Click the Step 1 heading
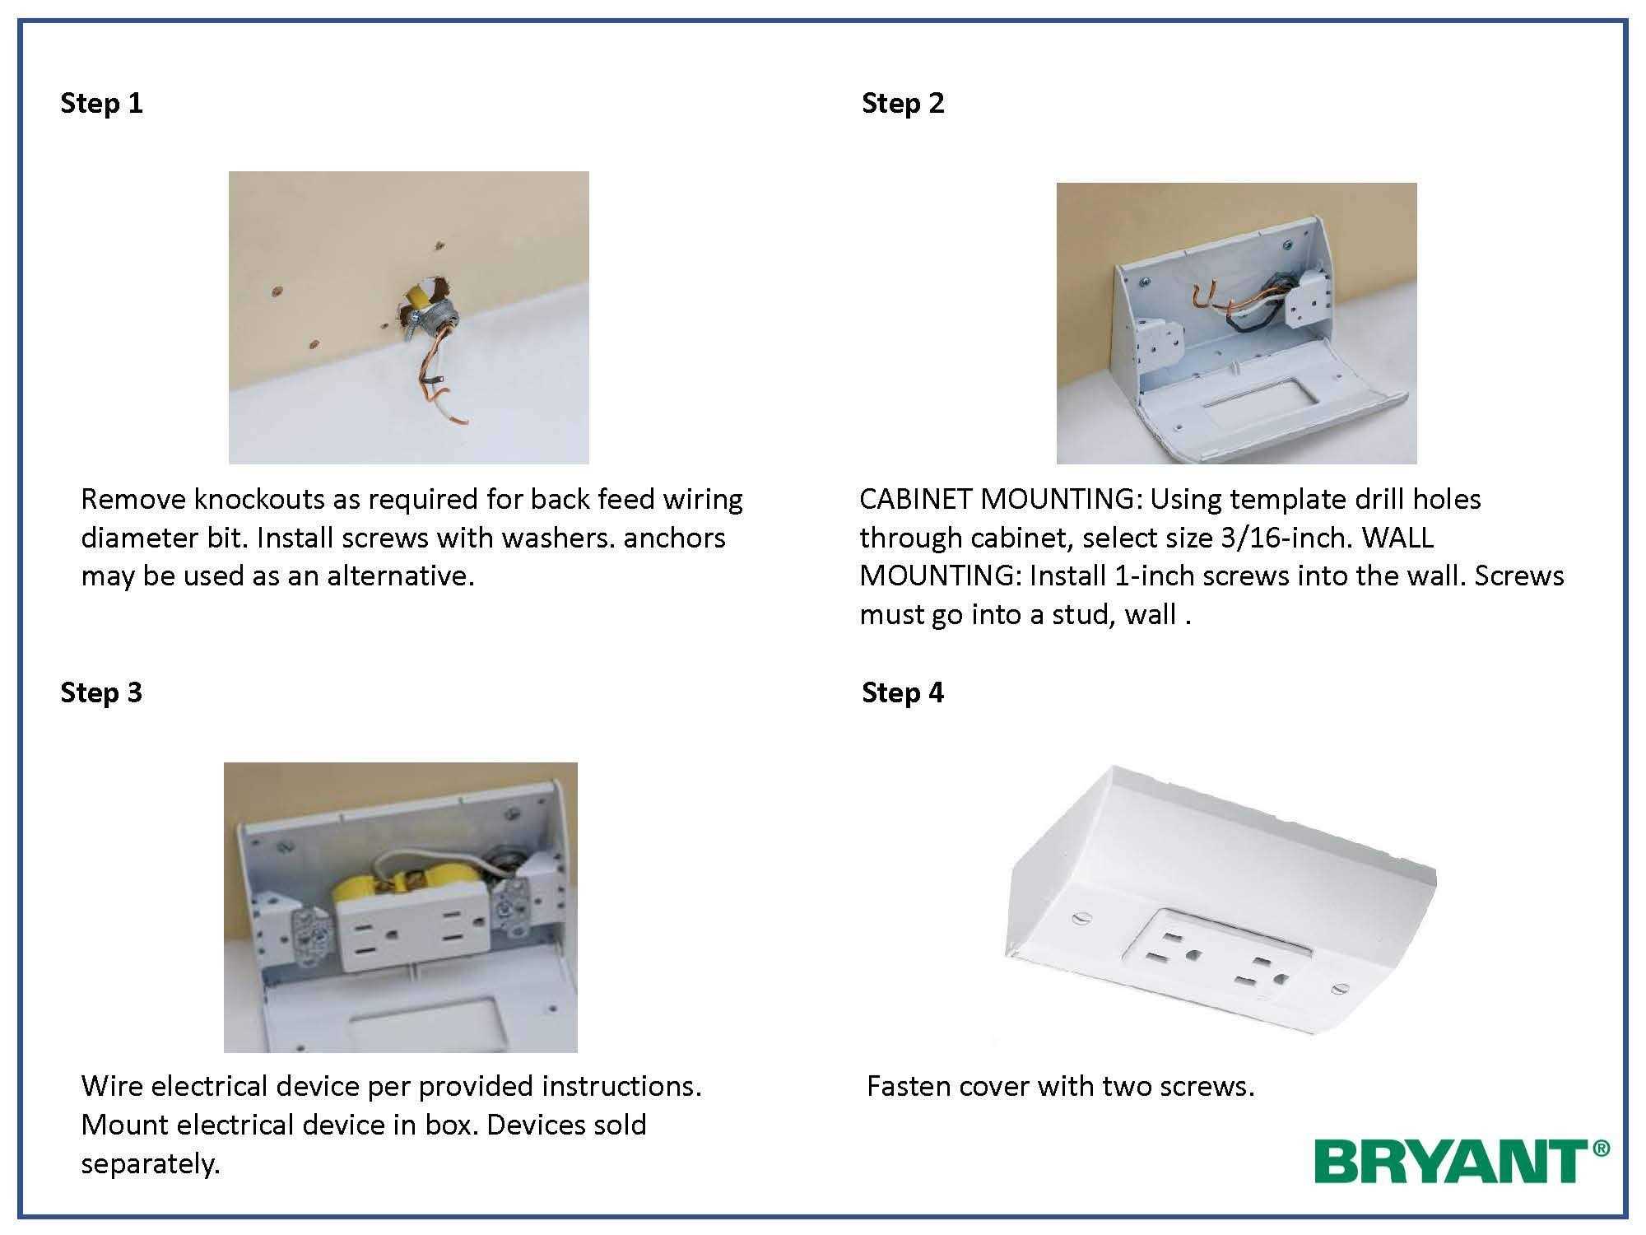pos(101,103)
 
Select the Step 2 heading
pos(903,103)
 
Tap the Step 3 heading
pos(101,692)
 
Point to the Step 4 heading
pos(903,692)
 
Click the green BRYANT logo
pos(1461,1161)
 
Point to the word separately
pos(151,1164)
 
